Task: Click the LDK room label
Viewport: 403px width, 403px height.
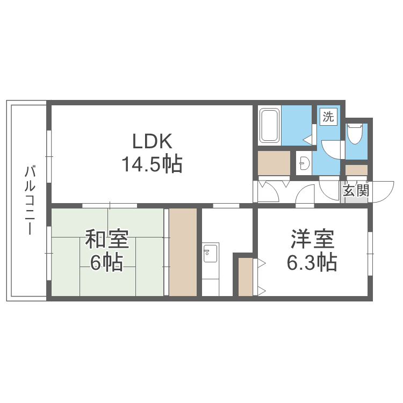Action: (152, 141)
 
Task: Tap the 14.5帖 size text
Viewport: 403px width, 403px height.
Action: (152, 164)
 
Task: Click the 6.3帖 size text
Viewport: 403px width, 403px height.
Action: (313, 262)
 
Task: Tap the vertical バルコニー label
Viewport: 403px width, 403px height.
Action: (30, 201)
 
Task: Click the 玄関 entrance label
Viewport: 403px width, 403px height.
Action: (356, 191)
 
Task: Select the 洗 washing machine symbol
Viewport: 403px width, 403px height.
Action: (328, 117)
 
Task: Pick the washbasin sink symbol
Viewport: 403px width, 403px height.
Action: (304, 163)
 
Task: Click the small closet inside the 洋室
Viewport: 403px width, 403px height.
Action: (245, 276)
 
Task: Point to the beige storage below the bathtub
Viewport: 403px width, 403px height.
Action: (274, 163)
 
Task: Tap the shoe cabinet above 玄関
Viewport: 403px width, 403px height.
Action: (356, 170)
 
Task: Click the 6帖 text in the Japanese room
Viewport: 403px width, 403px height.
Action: (106, 263)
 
